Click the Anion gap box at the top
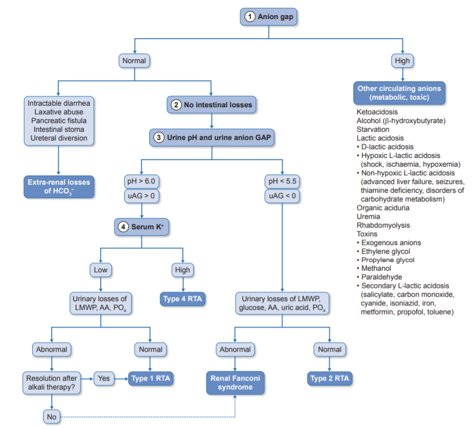click(x=269, y=17)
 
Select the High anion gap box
click(x=402, y=60)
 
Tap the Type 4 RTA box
click(x=183, y=299)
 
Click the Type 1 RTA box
click(x=151, y=378)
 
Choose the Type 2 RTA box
click(x=329, y=378)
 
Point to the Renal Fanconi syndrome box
click(x=235, y=383)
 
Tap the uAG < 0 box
click(x=282, y=196)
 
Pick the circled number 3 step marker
click(x=158, y=138)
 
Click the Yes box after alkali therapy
click(x=103, y=377)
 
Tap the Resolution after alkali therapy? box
click(x=51, y=382)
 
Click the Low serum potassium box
click(x=101, y=269)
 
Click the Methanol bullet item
click(x=376, y=268)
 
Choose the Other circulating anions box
click(x=399, y=93)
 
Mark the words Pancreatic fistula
click(x=59, y=120)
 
